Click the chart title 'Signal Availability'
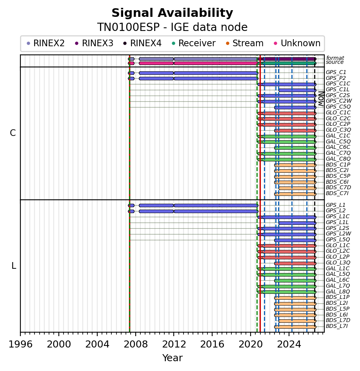[x=172, y=13]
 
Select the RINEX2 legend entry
[x=45, y=43]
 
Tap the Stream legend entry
[x=245, y=43]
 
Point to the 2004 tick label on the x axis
[x=97, y=344]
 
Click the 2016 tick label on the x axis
[x=212, y=344]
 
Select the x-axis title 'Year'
[x=172, y=358]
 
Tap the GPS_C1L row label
[x=338, y=89]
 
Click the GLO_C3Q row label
[x=338, y=130]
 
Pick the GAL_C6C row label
[x=338, y=147]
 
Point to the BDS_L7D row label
[x=338, y=320]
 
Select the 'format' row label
[x=335, y=58]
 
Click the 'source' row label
[x=335, y=62]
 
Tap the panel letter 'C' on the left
[x=13, y=133]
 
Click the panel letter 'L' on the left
[x=14, y=266]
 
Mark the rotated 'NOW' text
[x=321, y=99]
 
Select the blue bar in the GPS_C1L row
[x=297, y=90]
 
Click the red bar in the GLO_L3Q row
[x=295, y=263]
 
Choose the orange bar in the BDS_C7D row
[x=297, y=188]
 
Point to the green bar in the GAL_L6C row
[x=295, y=281]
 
